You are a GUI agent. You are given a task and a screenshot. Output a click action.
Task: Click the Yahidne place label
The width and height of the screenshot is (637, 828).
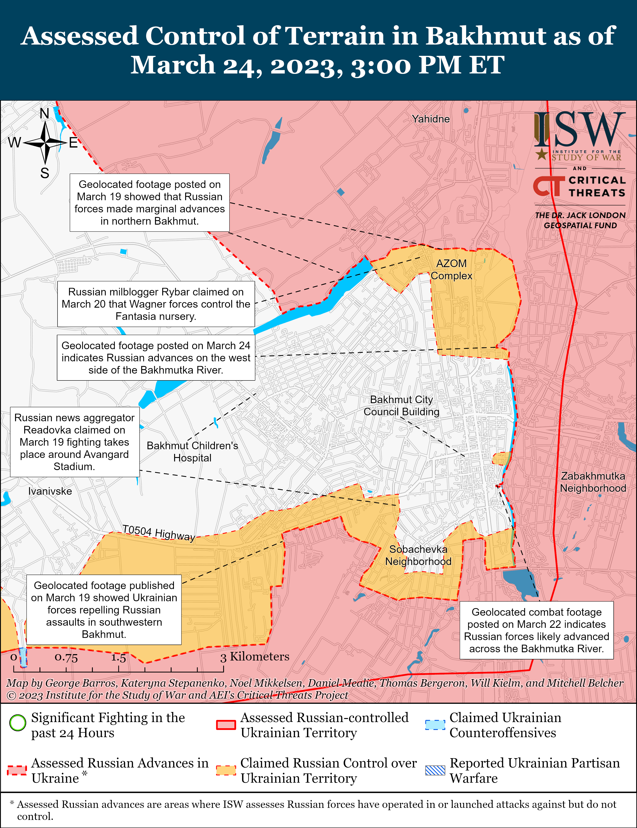[x=431, y=119]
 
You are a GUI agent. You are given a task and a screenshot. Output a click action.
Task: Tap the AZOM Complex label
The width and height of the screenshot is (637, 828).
[x=451, y=270]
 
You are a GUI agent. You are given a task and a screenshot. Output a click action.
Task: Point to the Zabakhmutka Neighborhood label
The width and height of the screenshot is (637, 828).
[x=593, y=482]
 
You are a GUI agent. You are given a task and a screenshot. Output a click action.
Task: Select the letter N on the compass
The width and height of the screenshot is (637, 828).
[x=45, y=113]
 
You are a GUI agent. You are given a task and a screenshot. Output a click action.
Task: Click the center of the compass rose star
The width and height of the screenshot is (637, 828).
[x=45, y=143]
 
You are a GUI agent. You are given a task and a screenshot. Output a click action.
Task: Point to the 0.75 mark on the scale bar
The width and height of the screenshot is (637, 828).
[x=66, y=657]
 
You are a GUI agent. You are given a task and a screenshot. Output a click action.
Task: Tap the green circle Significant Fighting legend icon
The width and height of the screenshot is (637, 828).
[x=17, y=723]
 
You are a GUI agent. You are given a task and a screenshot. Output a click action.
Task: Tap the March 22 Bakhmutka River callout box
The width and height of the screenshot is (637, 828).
[x=536, y=630]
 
